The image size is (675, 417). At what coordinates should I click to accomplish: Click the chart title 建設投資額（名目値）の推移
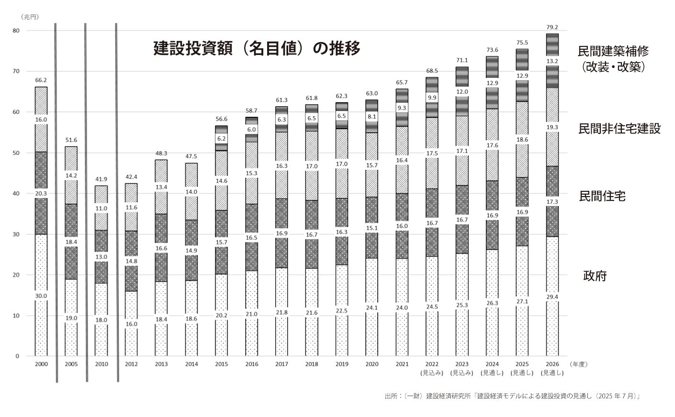[257, 48]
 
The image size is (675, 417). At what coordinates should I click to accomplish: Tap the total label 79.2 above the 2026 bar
[552, 27]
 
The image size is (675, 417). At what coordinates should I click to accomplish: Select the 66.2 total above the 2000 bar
[41, 80]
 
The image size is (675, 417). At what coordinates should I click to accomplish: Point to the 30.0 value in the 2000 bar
[41, 296]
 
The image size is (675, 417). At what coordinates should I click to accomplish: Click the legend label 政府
[595, 276]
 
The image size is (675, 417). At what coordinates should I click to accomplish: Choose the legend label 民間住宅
[602, 196]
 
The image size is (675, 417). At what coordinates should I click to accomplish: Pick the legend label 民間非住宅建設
[619, 129]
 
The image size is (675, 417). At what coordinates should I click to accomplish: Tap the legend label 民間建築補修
[613, 52]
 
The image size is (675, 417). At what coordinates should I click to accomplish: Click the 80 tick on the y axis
[16, 31]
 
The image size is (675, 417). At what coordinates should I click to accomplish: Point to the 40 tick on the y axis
[16, 194]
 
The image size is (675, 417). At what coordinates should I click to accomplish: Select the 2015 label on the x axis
[222, 364]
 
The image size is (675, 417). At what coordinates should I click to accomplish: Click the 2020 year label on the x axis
[371, 364]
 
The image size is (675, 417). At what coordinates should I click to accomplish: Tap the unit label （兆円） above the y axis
[30, 17]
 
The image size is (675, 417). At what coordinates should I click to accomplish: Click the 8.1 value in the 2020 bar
[371, 116]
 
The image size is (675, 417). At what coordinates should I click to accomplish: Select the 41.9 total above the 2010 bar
[101, 179]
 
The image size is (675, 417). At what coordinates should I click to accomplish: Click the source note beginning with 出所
[512, 396]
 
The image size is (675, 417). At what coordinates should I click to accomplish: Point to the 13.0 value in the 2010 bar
[101, 257]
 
